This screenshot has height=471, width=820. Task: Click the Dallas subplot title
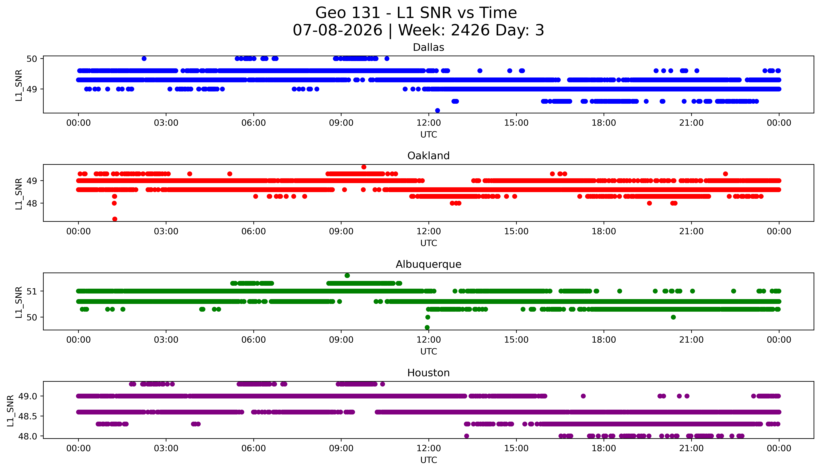[x=428, y=48]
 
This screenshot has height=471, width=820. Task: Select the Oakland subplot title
[x=428, y=156]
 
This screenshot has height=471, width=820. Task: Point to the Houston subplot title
[x=428, y=373]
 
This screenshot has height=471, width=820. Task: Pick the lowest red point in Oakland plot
[x=115, y=219]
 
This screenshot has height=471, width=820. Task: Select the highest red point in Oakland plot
[x=364, y=167]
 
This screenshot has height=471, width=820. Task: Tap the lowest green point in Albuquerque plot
[x=427, y=327]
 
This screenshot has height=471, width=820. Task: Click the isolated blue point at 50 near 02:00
[x=144, y=59]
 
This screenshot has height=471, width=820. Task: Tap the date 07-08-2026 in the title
[x=337, y=30]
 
